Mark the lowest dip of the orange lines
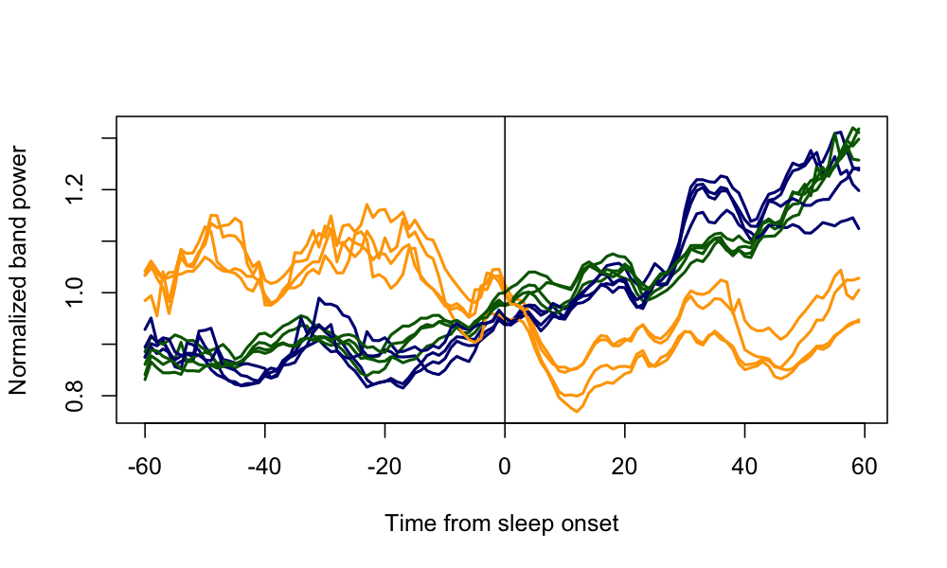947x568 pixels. click(577, 412)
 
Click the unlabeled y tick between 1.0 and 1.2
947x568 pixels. click(112, 241)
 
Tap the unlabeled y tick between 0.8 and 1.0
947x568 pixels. click(112, 345)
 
